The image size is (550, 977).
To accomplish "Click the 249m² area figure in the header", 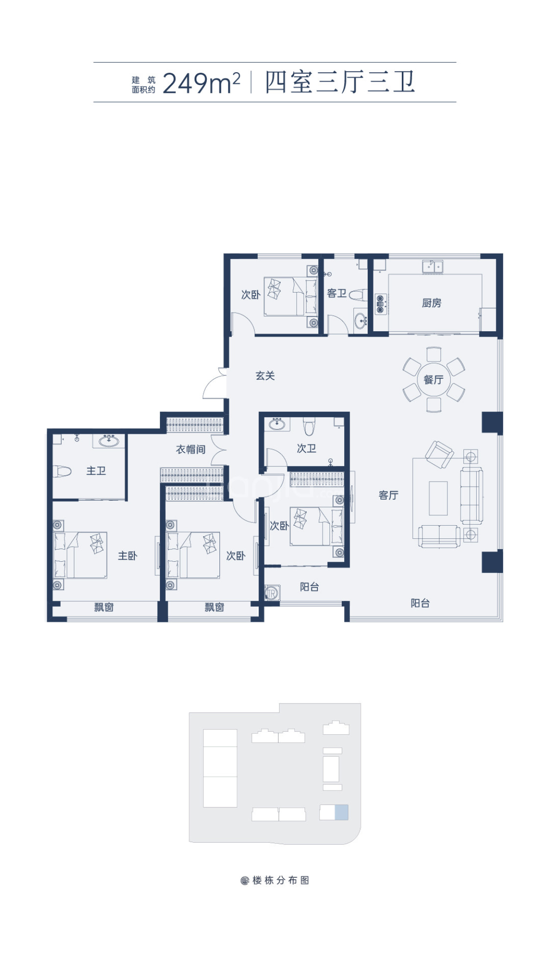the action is [201, 83].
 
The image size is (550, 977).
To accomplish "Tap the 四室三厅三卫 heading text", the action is [340, 82].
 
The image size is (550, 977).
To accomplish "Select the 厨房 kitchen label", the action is [432, 303].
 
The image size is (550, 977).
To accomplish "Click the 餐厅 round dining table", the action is [434, 380].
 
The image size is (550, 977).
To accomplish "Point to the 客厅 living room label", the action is [389, 495].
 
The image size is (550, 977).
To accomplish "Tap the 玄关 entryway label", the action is [265, 376].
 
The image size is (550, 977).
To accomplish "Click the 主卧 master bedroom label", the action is [128, 556].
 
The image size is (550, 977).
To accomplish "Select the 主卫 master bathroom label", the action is [96, 471].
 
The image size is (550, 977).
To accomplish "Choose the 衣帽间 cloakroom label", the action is [191, 449].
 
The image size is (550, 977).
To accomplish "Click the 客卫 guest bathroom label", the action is [337, 294].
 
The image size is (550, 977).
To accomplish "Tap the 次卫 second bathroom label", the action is [307, 448].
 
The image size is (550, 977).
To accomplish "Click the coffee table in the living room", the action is [438, 498].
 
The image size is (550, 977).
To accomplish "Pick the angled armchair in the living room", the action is [439, 455].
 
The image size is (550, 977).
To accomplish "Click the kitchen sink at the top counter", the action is [433, 267].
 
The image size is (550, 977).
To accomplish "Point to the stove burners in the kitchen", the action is [380, 304].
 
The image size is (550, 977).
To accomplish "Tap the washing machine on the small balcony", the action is [272, 593].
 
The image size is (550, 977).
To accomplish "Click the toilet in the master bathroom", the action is [62, 471].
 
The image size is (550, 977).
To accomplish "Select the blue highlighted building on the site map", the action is [341, 812].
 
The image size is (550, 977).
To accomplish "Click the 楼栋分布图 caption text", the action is [281, 880].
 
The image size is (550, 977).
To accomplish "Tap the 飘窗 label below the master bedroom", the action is [104, 607].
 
